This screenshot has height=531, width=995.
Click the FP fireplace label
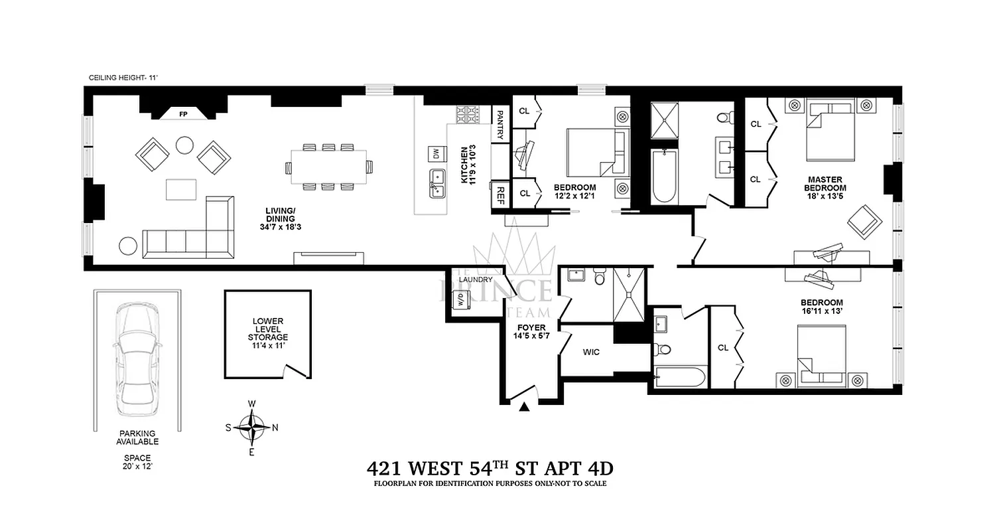tap(183, 115)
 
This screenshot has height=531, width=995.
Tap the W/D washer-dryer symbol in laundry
tap(458, 301)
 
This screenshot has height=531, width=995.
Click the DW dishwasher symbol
tap(435, 153)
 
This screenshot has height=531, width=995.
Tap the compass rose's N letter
tap(275, 427)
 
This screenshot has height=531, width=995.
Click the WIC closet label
tap(591, 352)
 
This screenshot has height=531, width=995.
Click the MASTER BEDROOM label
tap(825, 184)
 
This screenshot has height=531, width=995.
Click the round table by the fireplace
tap(184, 145)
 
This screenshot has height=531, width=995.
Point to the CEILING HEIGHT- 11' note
tap(123, 78)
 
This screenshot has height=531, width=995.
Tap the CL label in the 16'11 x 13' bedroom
tap(723, 348)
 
